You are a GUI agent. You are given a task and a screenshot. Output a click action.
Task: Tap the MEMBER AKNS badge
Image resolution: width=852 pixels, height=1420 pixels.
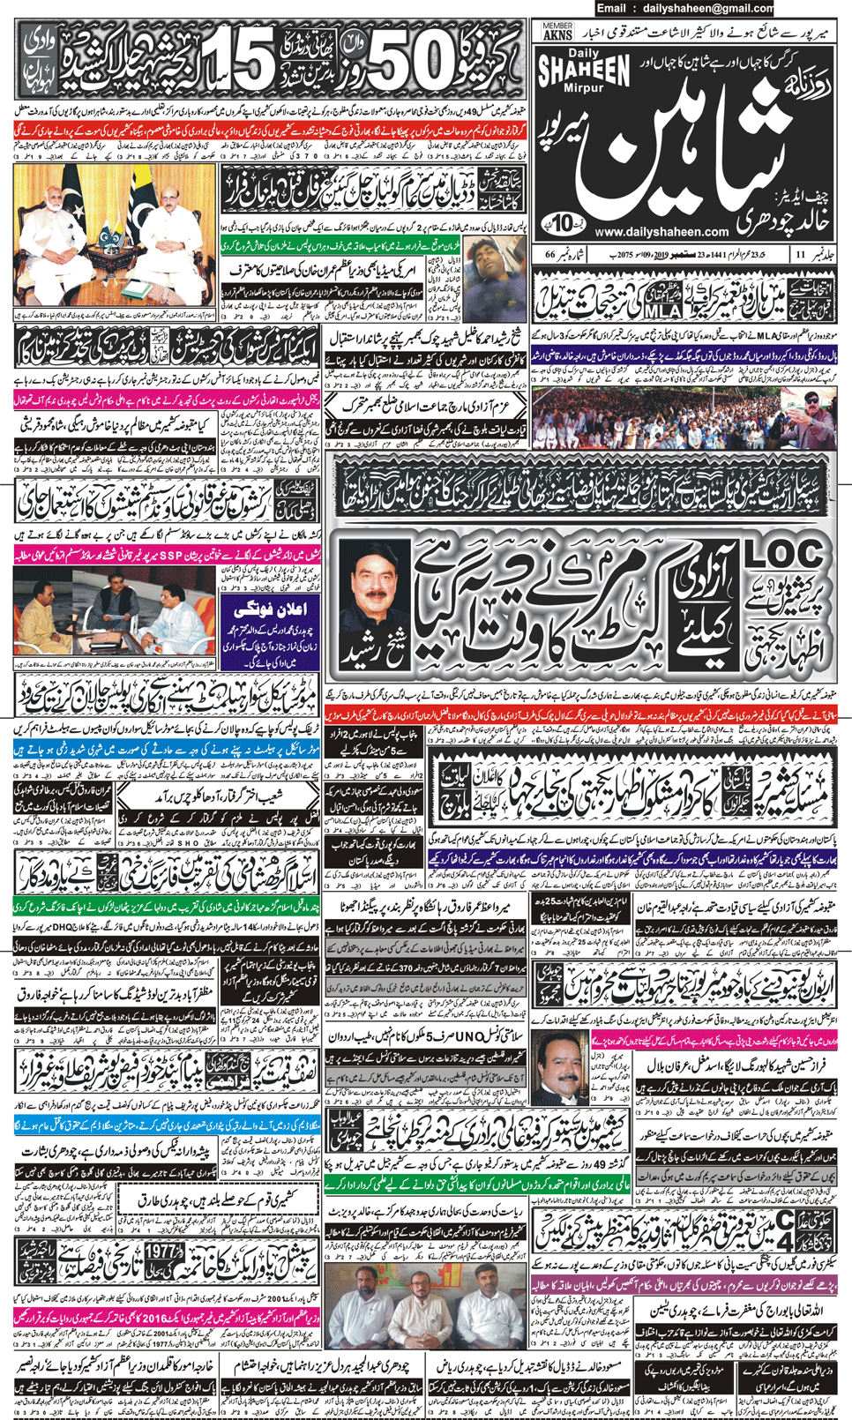[557, 33]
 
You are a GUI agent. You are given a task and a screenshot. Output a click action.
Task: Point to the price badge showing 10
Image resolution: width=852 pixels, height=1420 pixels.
[565, 220]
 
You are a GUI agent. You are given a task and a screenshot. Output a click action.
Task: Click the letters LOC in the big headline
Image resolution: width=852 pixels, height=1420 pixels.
[784, 554]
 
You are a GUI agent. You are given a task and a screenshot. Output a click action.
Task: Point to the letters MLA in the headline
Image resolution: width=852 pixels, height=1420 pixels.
[662, 311]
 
